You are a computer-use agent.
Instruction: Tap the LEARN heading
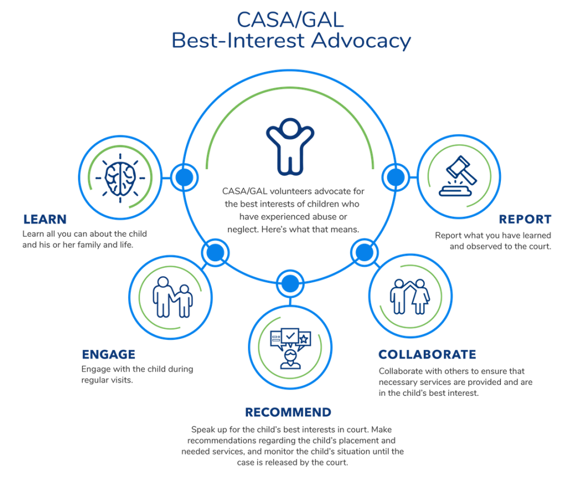(x=45, y=218)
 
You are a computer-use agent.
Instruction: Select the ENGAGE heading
(x=109, y=354)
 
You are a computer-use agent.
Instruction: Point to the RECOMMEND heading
(x=288, y=412)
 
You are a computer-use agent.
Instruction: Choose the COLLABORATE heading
(x=427, y=354)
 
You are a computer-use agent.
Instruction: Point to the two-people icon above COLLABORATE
(x=409, y=296)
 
